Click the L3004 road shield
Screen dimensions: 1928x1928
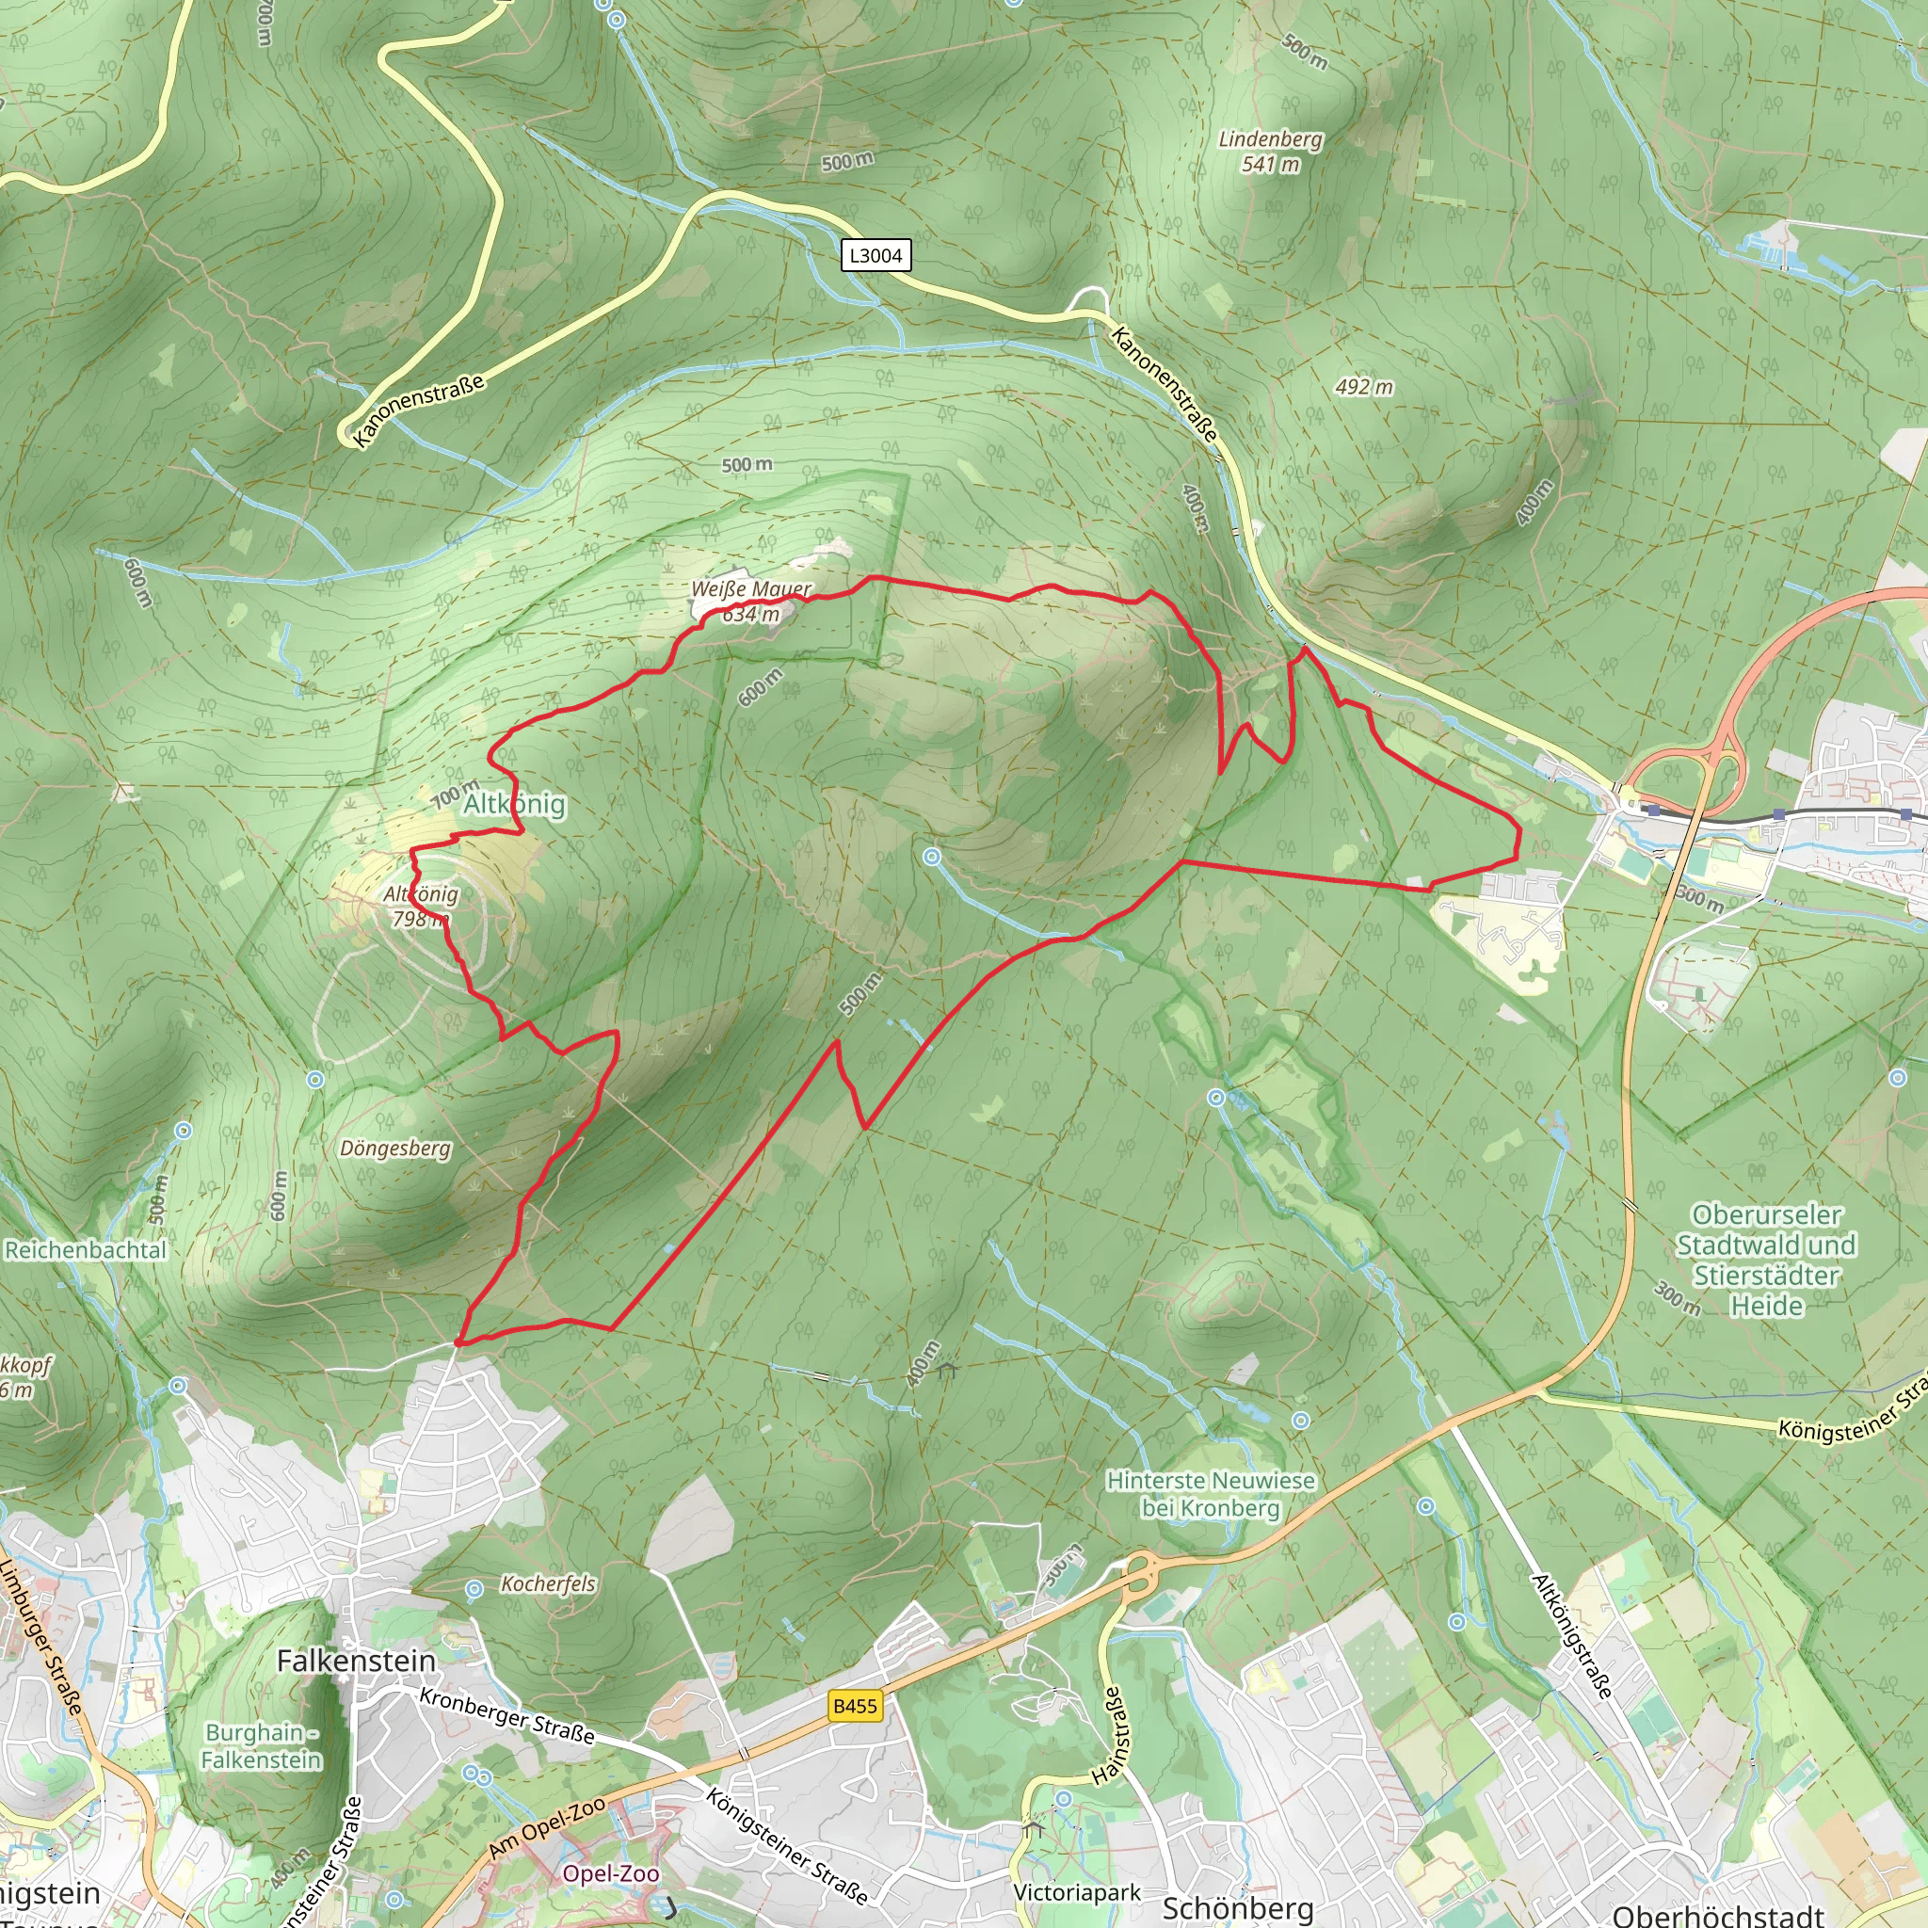tap(876, 255)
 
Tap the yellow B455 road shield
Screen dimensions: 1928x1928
tap(855, 1706)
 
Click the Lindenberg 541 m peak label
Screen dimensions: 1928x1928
tap(1270, 152)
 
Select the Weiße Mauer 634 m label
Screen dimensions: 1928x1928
tap(750, 601)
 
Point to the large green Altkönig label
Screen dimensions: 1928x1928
tap(514, 804)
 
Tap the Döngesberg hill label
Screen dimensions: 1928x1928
tap(395, 1149)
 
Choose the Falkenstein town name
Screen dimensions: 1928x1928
tap(356, 1661)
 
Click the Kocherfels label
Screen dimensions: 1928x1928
tap(548, 1583)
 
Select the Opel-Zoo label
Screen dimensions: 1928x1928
tap(611, 1873)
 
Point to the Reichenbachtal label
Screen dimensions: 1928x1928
tap(86, 1250)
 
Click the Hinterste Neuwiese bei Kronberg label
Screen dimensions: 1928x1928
tap(1211, 1494)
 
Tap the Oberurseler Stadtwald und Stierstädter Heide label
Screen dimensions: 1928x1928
tap(1766, 1261)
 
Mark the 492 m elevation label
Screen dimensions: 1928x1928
tap(1364, 387)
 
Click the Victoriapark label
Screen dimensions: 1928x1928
tap(1077, 1892)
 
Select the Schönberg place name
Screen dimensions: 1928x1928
tap(1237, 1908)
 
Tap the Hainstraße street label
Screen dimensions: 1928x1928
tap(1109, 1735)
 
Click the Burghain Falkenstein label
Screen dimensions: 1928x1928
tap(261, 1745)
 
